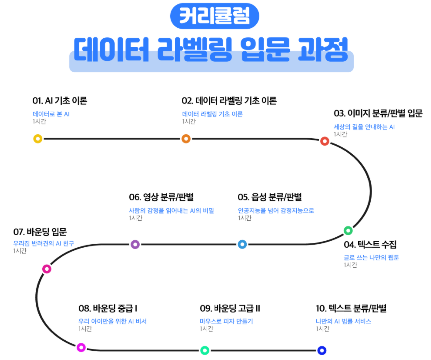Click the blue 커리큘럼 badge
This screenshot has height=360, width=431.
coord(215,16)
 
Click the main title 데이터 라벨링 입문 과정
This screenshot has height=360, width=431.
coord(211,50)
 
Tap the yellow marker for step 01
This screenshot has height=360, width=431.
coord(38,139)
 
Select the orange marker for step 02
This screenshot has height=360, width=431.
coord(186,139)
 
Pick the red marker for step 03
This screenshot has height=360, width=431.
coord(325,141)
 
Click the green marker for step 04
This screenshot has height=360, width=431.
coord(348,230)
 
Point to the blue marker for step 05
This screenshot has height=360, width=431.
coord(242,244)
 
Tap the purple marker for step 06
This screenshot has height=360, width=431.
coord(135,244)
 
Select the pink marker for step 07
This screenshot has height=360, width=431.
coord(47,269)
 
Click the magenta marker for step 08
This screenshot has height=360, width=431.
coord(81,347)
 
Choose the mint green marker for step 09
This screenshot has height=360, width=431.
coord(205,351)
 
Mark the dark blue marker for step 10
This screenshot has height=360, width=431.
coord(322,351)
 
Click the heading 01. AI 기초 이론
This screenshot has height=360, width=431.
coord(60,101)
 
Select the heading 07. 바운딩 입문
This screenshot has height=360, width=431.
coord(40,232)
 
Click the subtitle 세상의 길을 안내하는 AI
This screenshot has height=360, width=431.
coord(364,127)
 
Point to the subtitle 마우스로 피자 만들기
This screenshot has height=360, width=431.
coord(226,321)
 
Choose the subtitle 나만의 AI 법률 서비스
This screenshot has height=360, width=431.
coord(343,321)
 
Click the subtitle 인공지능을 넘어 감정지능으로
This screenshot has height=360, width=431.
coord(276,210)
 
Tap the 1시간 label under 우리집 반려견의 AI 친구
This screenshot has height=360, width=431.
coord(20,251)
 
